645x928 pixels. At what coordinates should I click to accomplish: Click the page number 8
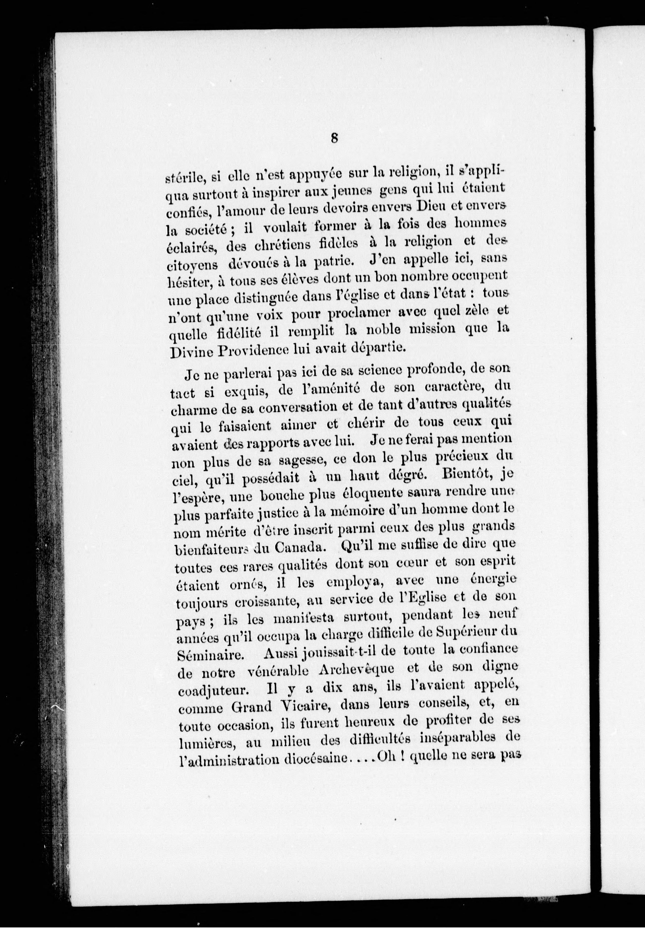click(334, 139)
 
